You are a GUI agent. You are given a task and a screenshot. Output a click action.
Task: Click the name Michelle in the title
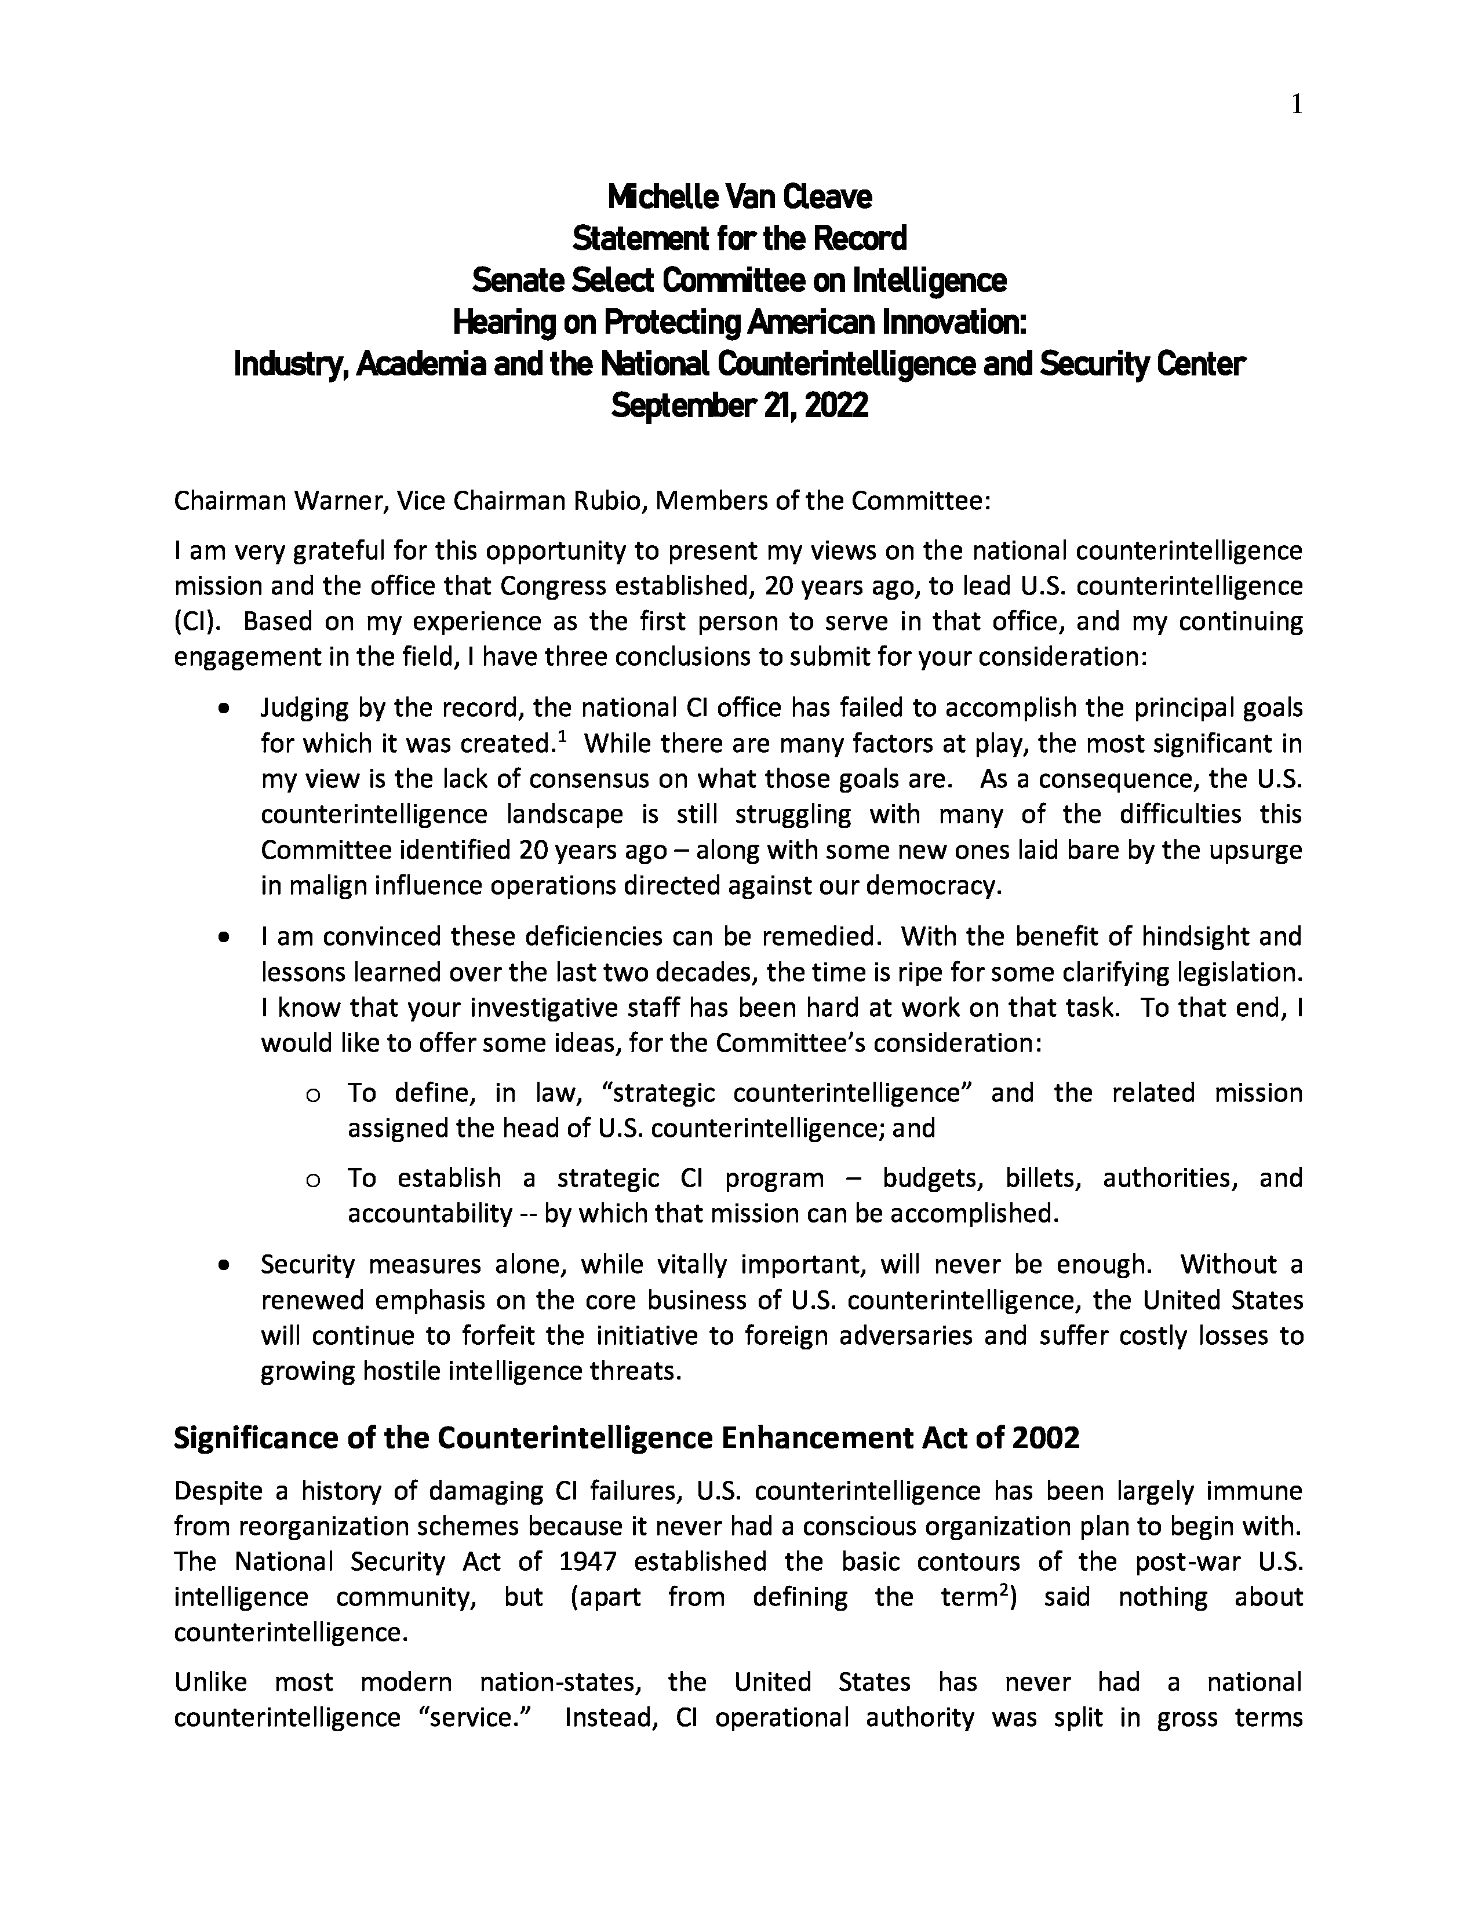(663, 197)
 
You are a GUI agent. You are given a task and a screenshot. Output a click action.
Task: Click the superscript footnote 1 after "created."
(562, 737)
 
